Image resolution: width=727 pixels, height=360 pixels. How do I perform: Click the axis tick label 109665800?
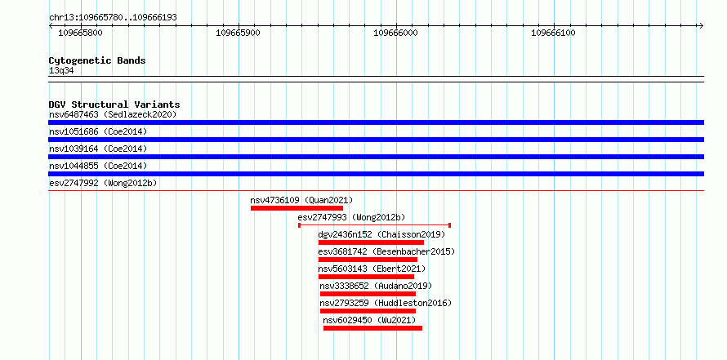(80, 33)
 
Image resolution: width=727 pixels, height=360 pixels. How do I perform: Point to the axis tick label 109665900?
(238, 33)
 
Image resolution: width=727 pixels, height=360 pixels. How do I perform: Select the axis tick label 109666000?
(395, 33)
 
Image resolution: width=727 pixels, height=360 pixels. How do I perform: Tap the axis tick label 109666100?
(553, 33)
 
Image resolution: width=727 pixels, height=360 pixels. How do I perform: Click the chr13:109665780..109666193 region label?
(113, 18)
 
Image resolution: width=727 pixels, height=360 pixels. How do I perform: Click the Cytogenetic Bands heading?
(97, 60)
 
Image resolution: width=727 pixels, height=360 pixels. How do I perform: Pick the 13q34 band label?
(61, 71)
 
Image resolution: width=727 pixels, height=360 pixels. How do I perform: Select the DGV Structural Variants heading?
(114, 104)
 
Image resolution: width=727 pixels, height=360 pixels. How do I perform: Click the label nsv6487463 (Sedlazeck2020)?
(113, 114)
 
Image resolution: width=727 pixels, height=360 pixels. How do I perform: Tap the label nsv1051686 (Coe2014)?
(98, 132)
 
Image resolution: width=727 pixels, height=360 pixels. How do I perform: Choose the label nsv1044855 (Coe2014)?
(98, 166)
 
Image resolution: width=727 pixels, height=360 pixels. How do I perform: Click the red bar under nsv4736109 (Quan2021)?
(297, 208)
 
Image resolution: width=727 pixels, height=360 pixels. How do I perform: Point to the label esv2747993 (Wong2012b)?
(351, 217)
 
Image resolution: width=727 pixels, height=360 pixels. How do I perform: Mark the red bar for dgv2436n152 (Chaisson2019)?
(371, 242)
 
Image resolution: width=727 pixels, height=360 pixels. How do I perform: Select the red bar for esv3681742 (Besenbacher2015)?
(368, 260)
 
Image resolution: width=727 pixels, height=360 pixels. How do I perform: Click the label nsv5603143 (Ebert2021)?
(372, 269)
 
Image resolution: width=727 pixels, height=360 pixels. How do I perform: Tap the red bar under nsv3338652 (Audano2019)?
(368, 294)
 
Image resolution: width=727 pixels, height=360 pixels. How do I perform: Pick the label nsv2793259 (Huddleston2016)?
(386, 303)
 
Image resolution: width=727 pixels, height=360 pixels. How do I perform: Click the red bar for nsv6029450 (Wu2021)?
(372, 328)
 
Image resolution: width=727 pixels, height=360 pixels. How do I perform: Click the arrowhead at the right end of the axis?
(702, 25)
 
